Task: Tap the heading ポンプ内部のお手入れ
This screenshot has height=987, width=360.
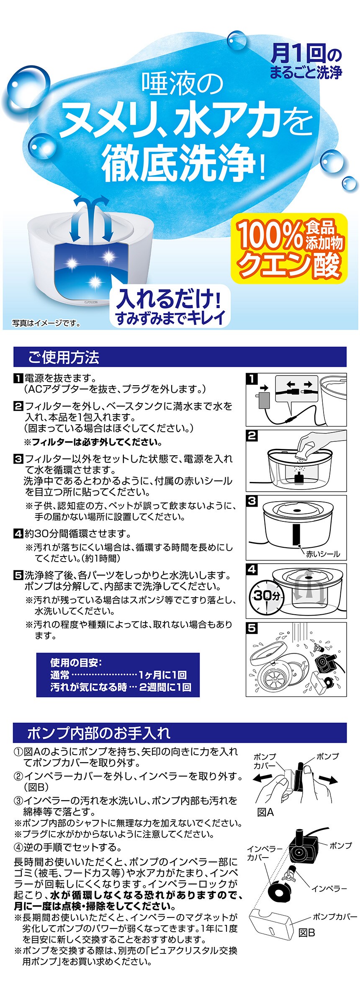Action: pyautogui.click(x=99, y=733)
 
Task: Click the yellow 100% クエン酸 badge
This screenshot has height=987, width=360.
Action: pyautogui.click(x=289, y=248)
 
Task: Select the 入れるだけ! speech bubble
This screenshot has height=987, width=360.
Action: pyautogui.click(x=170, y=306)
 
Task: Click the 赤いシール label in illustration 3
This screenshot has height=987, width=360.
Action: pyautogui.click(x=323, y=554)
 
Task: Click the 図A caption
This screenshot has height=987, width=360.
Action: pyautogui.click(x=265, y=812)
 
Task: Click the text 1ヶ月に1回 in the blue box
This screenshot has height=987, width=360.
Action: pyautogui.click(x=162, y=675)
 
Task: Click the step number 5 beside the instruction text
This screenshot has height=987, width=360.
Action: pyautogui.click(x=18, y=575)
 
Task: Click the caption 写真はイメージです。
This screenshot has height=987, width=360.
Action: pyautogui.click(x=46, y=323)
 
